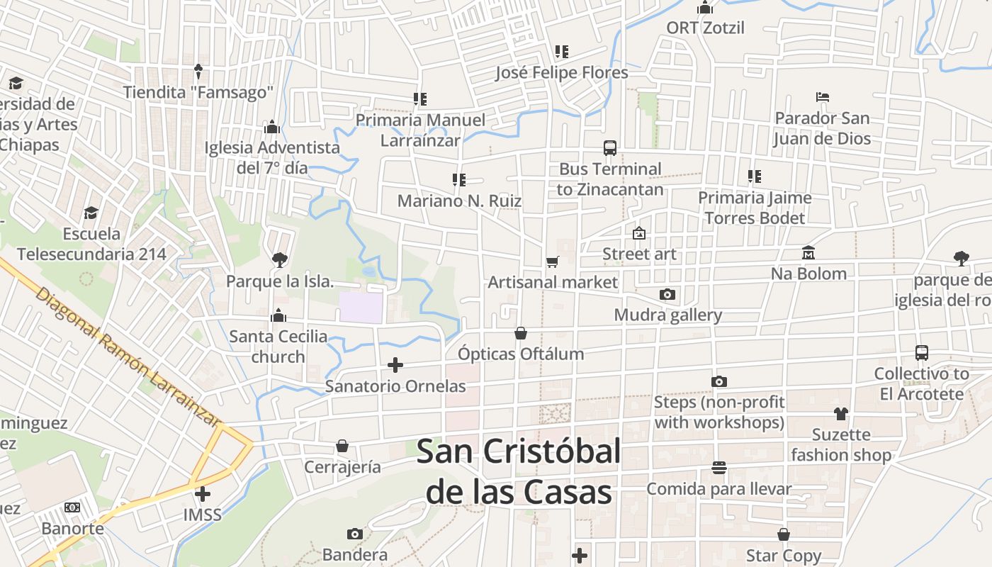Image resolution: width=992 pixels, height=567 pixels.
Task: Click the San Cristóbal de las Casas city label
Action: coord(519,471)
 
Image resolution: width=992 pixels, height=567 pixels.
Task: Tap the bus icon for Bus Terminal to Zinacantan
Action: coord(610,148)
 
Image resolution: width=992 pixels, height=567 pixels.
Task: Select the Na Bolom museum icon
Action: coord(808,253)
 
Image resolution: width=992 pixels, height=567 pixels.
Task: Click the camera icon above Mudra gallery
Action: coord(667,294)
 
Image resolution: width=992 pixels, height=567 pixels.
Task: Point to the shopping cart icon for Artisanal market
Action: coord(553,262)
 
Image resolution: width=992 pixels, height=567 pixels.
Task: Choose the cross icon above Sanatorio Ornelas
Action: coord(395,365)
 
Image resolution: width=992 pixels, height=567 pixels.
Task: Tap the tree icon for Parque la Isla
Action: coord(279,260)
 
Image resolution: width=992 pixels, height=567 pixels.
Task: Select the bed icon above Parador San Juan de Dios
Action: coord(822,97)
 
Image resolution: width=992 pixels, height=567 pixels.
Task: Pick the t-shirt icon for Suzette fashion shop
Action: coord(841,414)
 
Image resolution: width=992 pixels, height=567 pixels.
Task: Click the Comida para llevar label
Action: coord(718,489)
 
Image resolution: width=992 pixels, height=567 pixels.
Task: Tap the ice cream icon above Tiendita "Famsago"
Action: coord(198,72)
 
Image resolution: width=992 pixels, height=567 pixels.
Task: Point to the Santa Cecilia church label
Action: coord(278,346)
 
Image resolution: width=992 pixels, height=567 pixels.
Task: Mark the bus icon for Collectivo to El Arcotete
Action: coord(921,352)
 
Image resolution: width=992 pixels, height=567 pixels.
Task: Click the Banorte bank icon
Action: coord(72,507)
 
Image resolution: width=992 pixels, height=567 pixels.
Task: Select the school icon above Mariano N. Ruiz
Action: coord(458,180)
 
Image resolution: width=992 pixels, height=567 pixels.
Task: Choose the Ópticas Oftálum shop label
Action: coord(521,354)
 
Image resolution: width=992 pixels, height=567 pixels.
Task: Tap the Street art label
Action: coord(639,254)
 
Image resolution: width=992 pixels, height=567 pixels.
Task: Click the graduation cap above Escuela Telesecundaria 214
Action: coord(91,213)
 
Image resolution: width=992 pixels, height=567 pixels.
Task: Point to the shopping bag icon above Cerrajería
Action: coord(342,446)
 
